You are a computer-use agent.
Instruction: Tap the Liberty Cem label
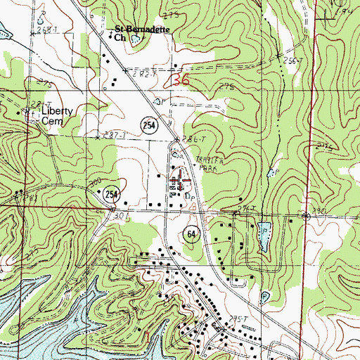click(x=46, y=115)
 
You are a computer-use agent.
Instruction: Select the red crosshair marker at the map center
click(x=180, y=180)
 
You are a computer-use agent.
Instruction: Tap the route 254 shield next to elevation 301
click(x=110, y=193)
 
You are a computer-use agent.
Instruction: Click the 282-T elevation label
click(x=139, y=72)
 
